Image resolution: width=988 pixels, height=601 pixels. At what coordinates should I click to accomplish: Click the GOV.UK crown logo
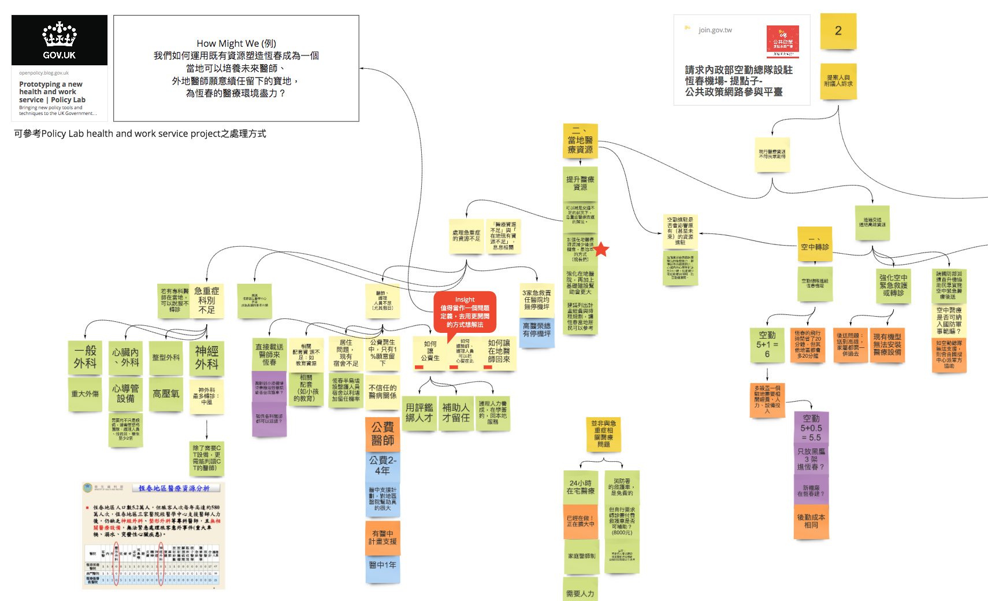(x=60, y=35)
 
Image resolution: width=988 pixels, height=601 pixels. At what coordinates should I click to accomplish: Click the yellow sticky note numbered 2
(x=838, y=31)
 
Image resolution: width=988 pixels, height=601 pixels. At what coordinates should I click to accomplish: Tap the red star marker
(x=601, y=250)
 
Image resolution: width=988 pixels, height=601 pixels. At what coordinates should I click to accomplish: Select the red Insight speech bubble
(x=465, y=312)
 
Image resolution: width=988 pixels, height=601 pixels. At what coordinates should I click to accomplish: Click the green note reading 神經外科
(x=206, y=358)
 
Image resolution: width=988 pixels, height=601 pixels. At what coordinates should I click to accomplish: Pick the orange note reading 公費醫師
(x=382, y=433)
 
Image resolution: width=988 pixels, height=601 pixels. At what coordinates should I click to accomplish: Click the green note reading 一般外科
(x=85, y=357)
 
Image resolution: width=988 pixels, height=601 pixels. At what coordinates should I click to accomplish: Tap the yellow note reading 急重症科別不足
(x=206, y=300)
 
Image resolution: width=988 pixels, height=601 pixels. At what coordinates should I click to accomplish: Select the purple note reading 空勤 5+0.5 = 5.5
(x=811, y=428)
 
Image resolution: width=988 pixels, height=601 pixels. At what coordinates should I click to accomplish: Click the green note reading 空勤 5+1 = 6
(x=767, y=344)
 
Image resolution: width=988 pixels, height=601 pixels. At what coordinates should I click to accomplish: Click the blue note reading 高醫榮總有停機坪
(x=537, y=330)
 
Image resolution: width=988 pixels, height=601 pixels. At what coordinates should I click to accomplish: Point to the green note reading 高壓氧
(x=166, y=394)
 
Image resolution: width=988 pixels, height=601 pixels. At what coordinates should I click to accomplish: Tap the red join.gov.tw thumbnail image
(x=782, y=41)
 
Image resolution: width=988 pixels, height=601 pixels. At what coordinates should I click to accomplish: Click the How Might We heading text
(x=236, y=43)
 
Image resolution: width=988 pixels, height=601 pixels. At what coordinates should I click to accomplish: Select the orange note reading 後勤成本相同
(x=811, y=521)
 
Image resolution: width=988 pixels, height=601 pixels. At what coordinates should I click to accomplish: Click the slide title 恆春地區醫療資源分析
(x=174, y=488)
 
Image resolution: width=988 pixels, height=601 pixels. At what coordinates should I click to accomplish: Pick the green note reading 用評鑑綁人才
(x=419, y=413)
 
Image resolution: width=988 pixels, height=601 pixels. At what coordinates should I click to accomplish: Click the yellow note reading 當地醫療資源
(x=580, y=140)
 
